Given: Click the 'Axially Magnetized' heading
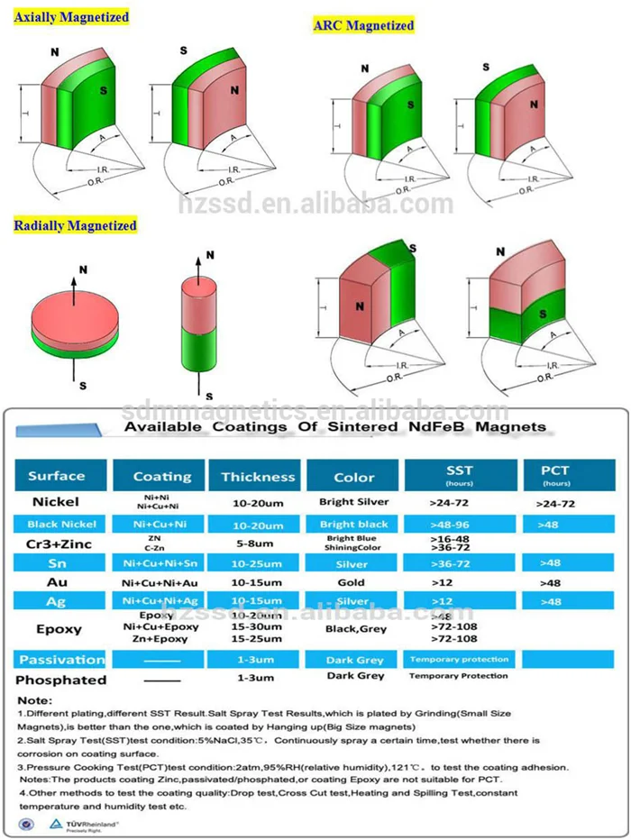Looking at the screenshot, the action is (71, 17).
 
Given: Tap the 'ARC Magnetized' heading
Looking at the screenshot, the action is (363, 25).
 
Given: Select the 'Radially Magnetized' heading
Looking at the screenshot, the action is (75, 224).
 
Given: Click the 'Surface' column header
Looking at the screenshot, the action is (57, 476).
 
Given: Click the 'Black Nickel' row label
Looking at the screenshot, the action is (56, 524).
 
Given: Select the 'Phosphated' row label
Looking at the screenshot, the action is (60, 680).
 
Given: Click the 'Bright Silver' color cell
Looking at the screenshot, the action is (353, 501).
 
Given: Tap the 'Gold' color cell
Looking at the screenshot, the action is (351, 582).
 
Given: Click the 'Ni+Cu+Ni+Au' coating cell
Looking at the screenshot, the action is (160, 582).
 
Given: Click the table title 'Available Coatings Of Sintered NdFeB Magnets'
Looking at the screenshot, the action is (334, 426).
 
